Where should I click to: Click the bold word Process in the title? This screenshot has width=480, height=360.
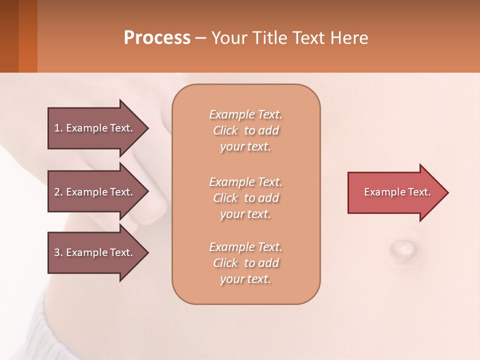tap(157, 38)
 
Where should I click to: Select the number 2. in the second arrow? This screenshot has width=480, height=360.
tap(58, 192)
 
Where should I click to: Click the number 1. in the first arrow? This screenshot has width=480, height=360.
tap(58, 128)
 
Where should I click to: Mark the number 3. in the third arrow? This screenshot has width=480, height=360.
tap(58, 252)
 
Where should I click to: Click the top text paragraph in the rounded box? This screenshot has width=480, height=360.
tap(245, 130)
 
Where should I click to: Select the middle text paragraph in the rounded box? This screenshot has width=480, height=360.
tap(245, 198)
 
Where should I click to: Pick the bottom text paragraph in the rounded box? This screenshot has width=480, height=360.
tap(245, 263)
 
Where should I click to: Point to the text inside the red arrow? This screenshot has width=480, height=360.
tap(397, 192)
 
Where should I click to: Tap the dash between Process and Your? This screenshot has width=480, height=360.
tap(201, 38)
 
